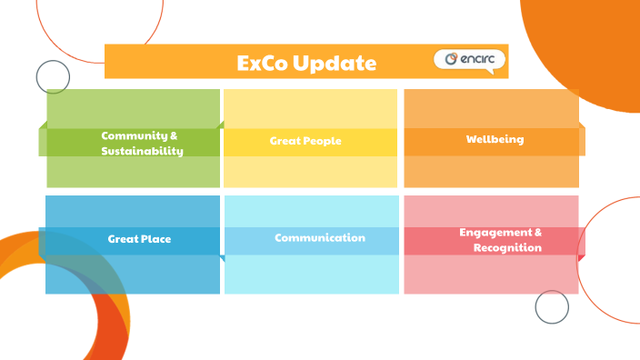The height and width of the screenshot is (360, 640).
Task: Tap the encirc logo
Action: tap(469, 60)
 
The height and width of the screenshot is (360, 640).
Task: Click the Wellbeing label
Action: tap(495, 139)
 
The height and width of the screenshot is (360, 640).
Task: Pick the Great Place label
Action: tap(139, 239)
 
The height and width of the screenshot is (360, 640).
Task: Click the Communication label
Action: tap(320, 237)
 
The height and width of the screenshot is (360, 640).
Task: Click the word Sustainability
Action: tap(143, 151)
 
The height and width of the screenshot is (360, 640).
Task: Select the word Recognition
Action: tap(507, 247)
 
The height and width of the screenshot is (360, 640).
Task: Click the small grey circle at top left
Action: tap(53, 77)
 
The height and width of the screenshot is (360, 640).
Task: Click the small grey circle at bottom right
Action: tap(552, 307)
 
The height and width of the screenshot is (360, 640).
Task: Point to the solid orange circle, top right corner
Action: tap(600, 45)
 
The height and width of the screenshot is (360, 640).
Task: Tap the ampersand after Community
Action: tap(174, 135)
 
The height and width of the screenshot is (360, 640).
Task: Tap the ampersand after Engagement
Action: tap(538, 232)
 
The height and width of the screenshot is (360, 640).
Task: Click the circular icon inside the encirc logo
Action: tap(450, 60)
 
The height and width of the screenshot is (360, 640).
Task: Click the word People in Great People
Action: tap(325, 141)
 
